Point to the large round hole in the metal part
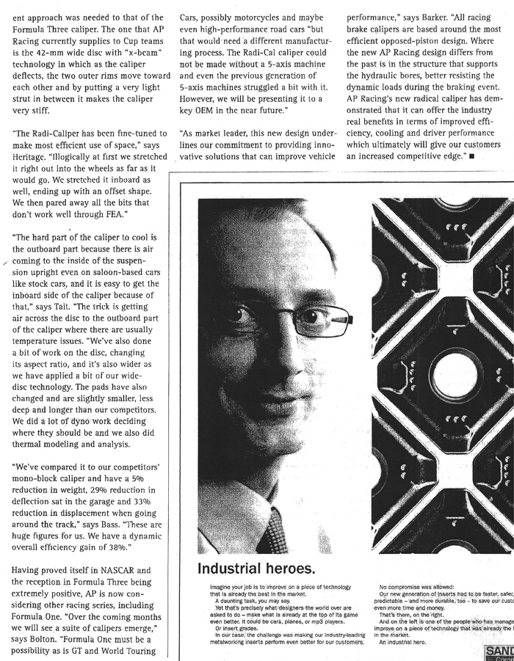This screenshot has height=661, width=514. (x=455, y=377)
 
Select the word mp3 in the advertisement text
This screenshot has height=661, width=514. (x=293, y=622)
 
